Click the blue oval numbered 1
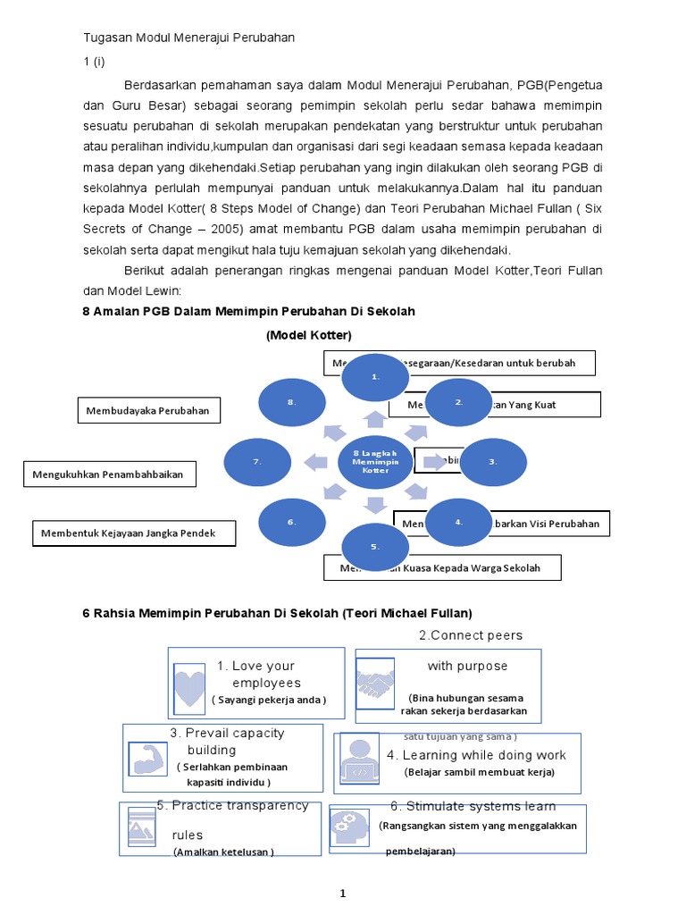tap(376, 377)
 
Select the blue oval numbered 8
tap(292, 403)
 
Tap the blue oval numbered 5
tap(376, 546)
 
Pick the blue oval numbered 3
tap(493, 463)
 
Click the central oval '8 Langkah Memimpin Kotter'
tap(376, 462)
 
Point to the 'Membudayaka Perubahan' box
tap(148, 410)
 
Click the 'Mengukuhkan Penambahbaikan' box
tap(108, 474)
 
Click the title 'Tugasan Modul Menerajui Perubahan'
tap(188, 38)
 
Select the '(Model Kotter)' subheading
tap(309, 335)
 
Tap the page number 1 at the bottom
tap(342, 893)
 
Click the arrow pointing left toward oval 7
tap(314, 462)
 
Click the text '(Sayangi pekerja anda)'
tap(269, 700)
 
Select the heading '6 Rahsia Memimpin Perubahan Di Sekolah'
tap(277, 613)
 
